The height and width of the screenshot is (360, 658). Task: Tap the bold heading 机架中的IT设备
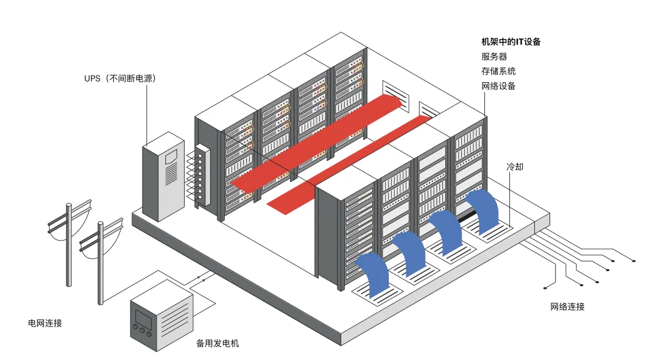click(511, 42)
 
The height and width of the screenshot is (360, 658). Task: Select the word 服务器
click(494, 57)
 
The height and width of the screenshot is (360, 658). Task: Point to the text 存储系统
click(498, 71)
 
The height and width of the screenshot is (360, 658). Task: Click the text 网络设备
click(498, 86)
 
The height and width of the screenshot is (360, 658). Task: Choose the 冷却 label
click(514, 166)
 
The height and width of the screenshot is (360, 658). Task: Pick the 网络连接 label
click(567, 306)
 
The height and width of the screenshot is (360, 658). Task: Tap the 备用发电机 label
click(218, 344)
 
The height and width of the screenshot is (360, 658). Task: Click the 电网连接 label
click(45, 323)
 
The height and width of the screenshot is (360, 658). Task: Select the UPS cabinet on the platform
click(163, 176)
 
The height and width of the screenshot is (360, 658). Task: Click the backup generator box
click(161, 316)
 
